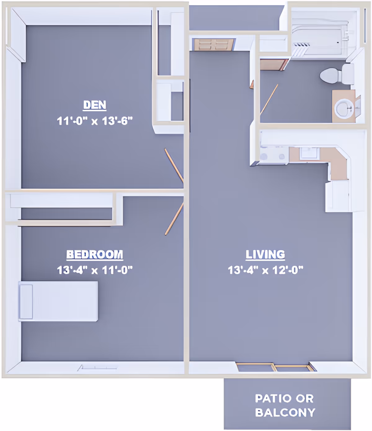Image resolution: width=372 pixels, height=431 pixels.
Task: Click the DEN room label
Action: [95, 105]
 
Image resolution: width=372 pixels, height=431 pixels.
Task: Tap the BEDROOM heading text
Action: [95, 254]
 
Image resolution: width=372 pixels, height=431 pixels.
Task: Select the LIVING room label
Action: [265, 254]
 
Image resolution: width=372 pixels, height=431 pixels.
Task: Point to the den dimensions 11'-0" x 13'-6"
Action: [95, 121]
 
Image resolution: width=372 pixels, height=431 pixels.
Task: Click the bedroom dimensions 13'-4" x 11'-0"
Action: [95, 270]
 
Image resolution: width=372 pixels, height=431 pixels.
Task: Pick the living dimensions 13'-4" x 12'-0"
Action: [265, 270]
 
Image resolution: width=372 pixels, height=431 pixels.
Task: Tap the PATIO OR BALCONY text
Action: [285, 405]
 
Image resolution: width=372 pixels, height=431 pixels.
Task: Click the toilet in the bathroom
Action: [337, 74]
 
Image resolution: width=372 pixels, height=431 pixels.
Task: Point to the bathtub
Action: [323, 38]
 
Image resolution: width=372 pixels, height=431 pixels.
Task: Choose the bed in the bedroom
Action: [58, 301]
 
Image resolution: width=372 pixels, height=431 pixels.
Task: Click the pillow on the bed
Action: [26, 301]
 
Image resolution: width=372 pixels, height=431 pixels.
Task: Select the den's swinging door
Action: [174, 165]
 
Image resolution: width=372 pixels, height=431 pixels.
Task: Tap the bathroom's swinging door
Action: [269, 99]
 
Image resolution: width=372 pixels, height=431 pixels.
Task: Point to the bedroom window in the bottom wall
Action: [97, 368]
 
